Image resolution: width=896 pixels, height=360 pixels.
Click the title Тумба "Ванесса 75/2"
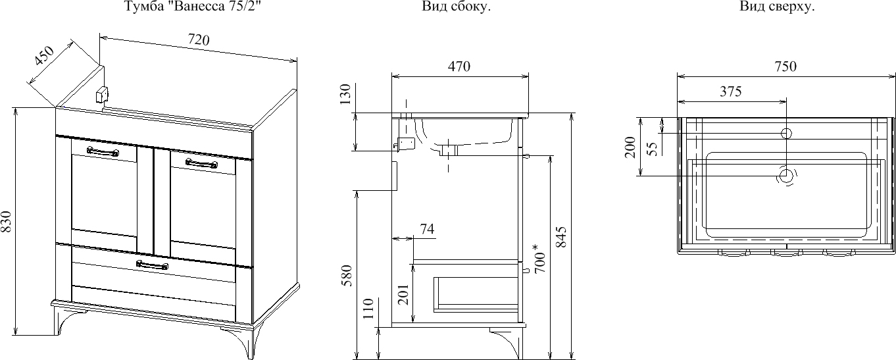(x=187, y=7)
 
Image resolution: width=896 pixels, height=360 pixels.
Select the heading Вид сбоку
(x=456, y=7)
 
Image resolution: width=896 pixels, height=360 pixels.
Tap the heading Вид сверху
(x=777, y=7)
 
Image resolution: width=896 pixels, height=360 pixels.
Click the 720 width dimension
(x=198, y=40)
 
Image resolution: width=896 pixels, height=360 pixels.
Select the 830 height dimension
(x=6, y=222)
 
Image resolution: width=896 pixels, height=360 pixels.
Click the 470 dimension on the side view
(x=459, y=66)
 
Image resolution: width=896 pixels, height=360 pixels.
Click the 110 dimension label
(x=369, y=309)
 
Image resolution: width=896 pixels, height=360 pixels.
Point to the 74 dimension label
(x=426, y=229)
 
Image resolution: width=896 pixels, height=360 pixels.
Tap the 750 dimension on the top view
(x=785, y=66)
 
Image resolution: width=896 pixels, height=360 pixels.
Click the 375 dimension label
(x=730, y=92)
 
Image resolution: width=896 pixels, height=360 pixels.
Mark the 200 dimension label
(x=630, y=147)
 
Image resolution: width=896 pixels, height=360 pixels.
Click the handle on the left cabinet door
(x=103, y=152)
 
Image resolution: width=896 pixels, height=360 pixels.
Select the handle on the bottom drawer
(x=152, y=265)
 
